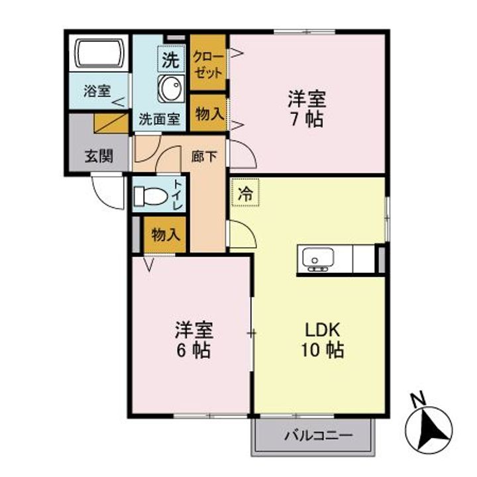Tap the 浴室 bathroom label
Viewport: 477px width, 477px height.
click(97, 91)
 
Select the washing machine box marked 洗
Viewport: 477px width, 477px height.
click(170, 59)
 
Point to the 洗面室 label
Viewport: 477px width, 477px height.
click(159, 120)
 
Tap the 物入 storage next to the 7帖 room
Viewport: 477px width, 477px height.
click(209, 113)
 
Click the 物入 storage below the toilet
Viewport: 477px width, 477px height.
click(165, 235)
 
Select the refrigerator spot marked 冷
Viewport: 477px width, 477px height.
click(245, 195)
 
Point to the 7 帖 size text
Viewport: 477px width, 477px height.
click(305, 121)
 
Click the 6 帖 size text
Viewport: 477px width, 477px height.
click(193, 349)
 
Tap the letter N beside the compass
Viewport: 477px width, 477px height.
click(417, 399)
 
